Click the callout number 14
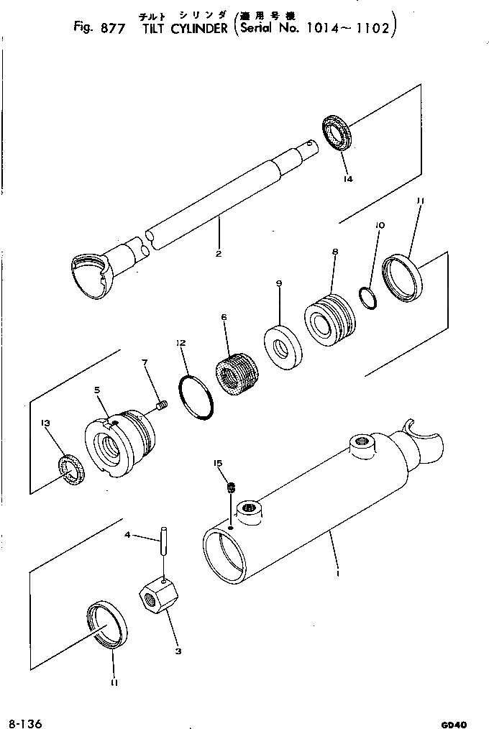(348, 179)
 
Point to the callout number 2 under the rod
(217, 253)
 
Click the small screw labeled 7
(160, 408)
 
